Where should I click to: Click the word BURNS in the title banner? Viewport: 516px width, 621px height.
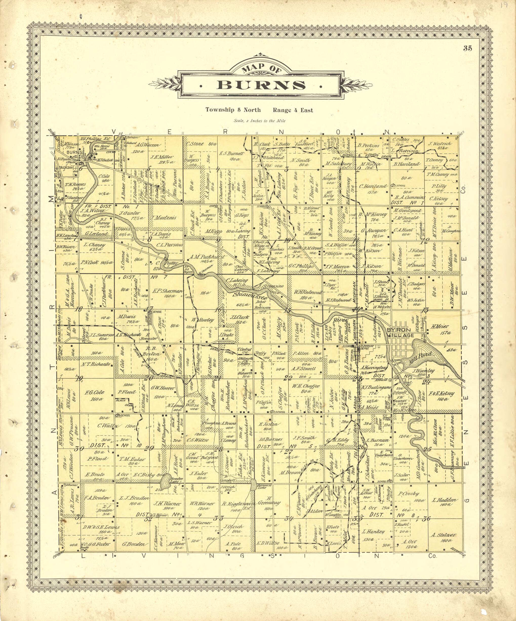[x=261, y=85]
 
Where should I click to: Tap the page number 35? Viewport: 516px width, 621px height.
[x=467, y=49]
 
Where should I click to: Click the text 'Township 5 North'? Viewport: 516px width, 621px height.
[x=233, y=110]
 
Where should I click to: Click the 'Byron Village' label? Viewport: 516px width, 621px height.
[x=401, y=332]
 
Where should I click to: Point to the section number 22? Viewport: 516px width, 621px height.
[x=287, y=378]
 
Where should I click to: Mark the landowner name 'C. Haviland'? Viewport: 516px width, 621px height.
[x=373, y=186]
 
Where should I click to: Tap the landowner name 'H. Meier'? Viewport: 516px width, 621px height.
[x=440, y=326]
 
